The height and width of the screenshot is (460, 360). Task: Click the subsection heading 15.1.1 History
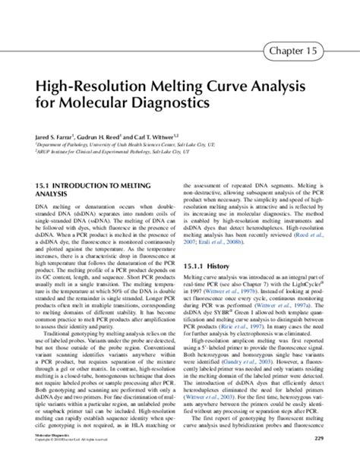coord(206,267)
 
